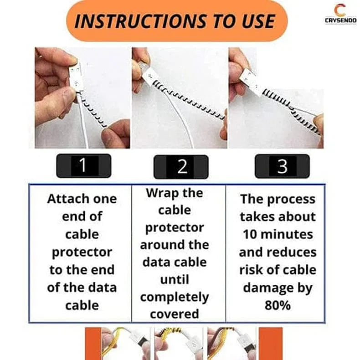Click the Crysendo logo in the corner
click(340, 14)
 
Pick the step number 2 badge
click(181, 167)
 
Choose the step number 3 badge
click(282, 166)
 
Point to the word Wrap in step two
click(160, 193)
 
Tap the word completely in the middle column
click(174, 297)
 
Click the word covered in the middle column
click(174, 314)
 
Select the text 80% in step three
click(278, 305)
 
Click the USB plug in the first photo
click(76, 77)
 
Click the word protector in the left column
click(82, 252)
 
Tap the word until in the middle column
click(174, 280)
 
